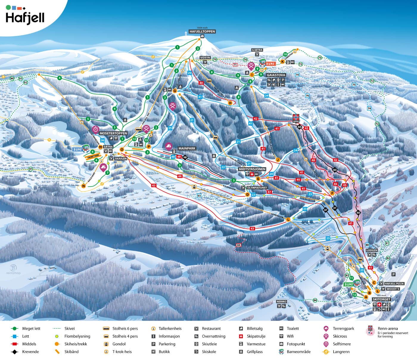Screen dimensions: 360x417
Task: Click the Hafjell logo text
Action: (25, 18)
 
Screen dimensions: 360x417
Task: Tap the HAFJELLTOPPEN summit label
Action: (202, 31)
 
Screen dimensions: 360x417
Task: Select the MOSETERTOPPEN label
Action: (113, 133)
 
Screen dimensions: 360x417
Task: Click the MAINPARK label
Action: (187, 148)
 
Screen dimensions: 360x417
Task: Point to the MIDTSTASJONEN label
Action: (252, 169)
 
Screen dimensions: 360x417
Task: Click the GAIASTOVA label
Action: (276, 75)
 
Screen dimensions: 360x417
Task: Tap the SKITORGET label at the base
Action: (381, 299)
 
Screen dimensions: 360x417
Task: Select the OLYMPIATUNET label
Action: (257, 188)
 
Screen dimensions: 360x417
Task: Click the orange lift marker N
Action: (83, 186)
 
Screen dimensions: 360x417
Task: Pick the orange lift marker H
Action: (230, 103)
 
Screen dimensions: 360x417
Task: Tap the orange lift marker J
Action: (278, 159)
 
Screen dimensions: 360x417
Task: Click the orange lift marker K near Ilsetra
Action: (282, 62)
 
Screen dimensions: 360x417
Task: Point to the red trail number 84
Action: (238, 245)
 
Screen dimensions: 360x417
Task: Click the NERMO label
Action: (281, 302)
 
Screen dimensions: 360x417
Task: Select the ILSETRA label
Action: (257, 50)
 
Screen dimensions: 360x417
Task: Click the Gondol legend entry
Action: (119, 344)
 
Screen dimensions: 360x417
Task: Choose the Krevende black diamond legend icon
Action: (15, 352)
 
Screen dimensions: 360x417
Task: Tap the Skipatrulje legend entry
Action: (256, 336)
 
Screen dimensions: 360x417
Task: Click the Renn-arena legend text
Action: (388, 328)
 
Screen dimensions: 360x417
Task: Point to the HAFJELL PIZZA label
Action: (394, 283)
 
